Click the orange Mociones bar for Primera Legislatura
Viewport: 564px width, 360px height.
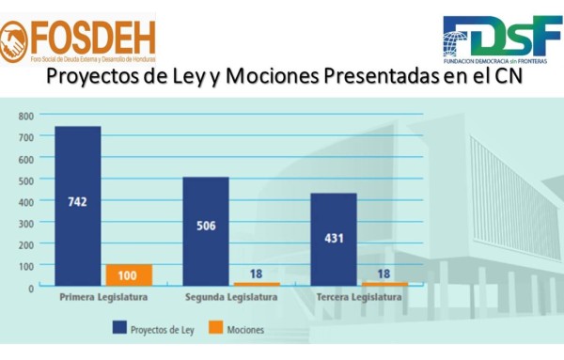pos(129,275)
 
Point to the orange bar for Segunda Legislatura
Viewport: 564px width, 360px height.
pos(257,284)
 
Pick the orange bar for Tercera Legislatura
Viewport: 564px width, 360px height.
pos(384,284)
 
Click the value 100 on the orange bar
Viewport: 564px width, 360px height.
pos(129,275)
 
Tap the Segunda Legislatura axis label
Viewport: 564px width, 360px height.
pos(231,298)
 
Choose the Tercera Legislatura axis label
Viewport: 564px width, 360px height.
pos(359,298)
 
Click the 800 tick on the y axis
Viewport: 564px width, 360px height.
pos(25,117)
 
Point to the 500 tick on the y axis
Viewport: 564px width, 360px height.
pos(25,180)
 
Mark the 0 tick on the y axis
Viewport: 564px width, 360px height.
pos(30,287)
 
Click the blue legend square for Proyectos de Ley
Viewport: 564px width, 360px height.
pos(119,329)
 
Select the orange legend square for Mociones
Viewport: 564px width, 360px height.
pos(212,329)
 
